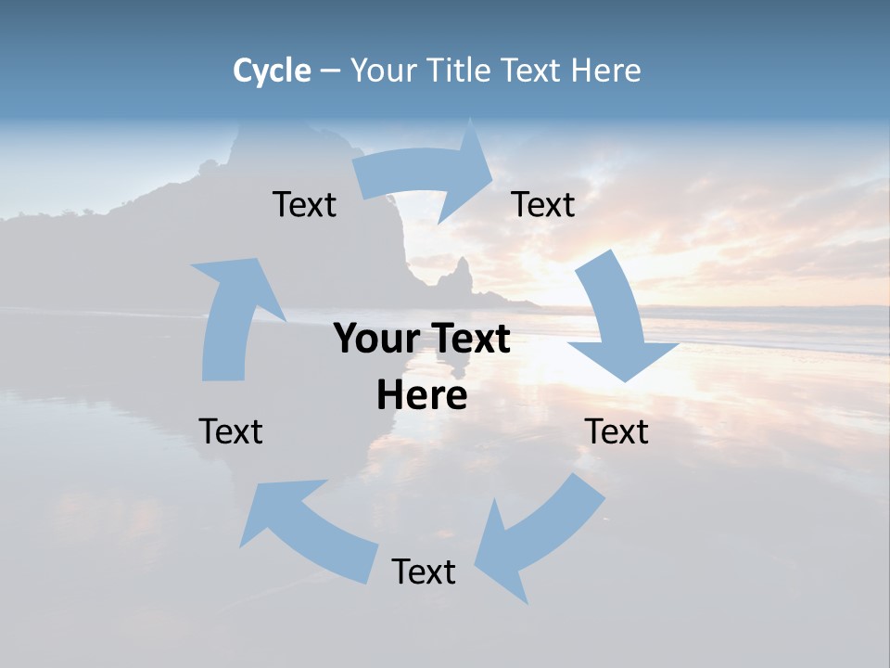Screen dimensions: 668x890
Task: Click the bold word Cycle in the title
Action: [x=272, y=71]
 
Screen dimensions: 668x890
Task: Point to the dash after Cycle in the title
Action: [x=331, y=71]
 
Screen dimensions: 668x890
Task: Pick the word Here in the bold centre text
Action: [x=422, y=396]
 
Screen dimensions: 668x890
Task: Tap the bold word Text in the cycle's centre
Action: [x=469, y=340]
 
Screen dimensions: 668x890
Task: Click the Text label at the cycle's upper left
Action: [x=304, y=205]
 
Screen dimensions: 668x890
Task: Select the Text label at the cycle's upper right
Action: [x=543, y=205]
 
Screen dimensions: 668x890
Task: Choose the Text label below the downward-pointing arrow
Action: [x=617, y=431]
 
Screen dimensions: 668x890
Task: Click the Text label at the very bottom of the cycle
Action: [x=424, y=572]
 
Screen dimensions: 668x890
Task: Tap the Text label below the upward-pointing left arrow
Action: [x=231, y=431]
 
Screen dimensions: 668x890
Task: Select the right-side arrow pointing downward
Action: [x=617, y=320]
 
